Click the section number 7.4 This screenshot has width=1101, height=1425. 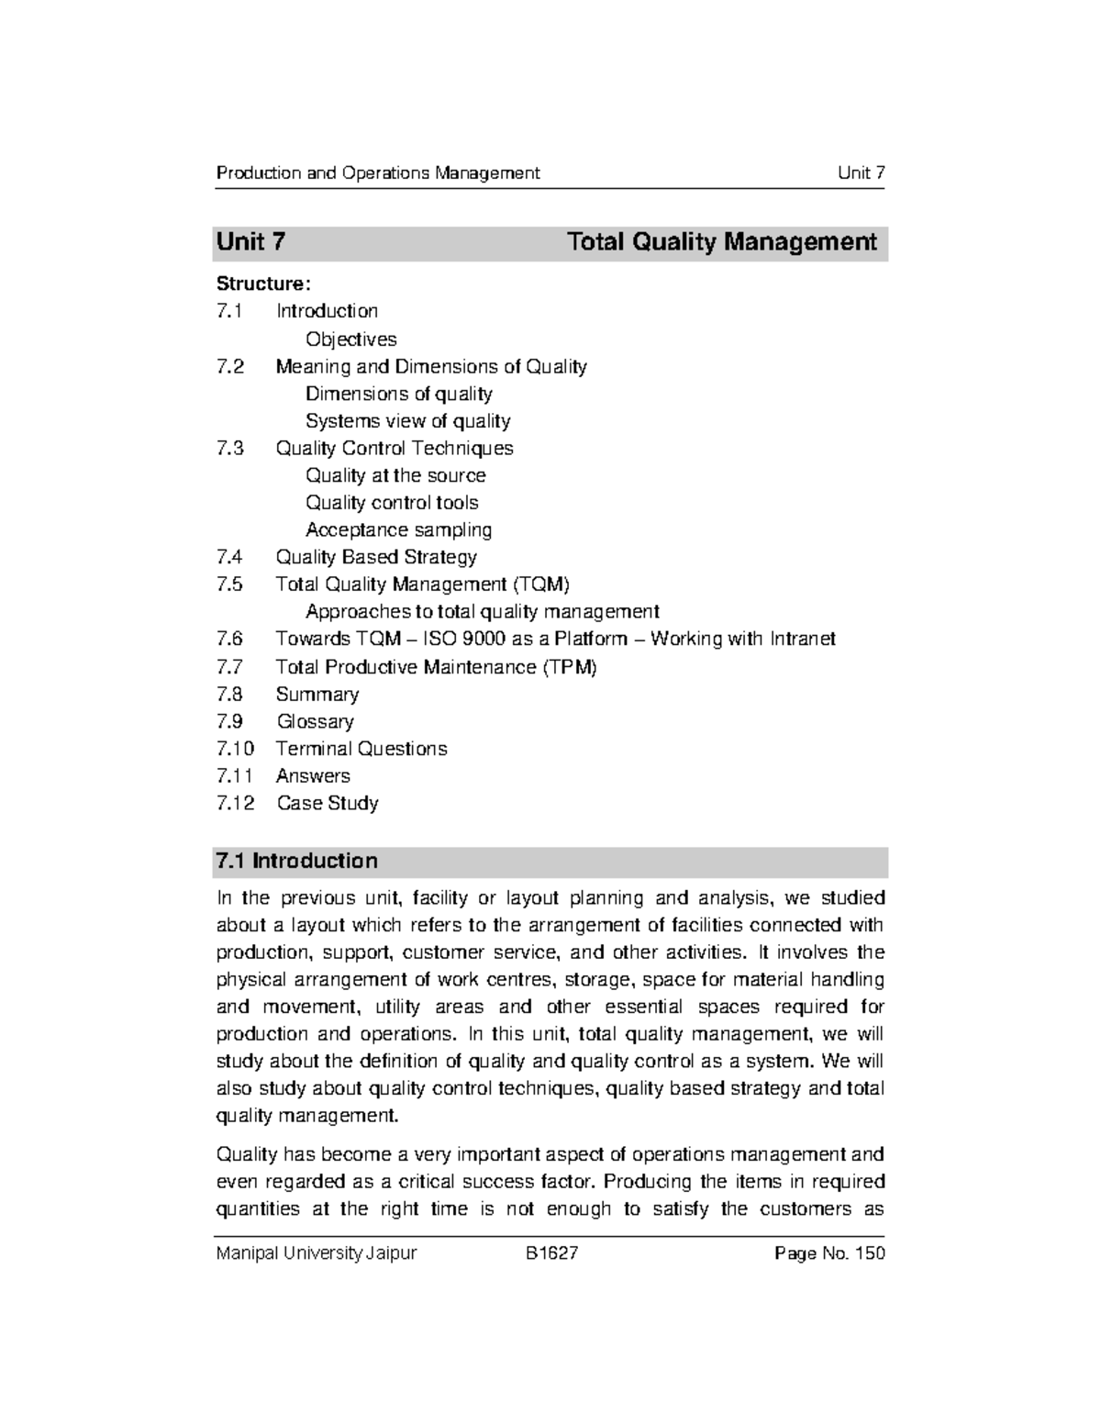[229, 557]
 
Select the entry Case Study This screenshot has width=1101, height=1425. [327, 803]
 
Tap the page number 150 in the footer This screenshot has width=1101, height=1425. [870, 1253]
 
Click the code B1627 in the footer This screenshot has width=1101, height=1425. [551, 1253]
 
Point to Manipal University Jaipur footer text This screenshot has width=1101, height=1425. [316, 1253]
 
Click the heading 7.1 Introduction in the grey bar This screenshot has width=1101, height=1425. [295, 861]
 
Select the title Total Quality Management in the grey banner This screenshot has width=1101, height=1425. [721, 242]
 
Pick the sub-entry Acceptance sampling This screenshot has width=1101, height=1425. [398, 529]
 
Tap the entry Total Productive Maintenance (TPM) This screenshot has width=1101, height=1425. [436, 667]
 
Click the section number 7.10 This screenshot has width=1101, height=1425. [235, 749]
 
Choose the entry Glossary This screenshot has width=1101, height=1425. [315, 721]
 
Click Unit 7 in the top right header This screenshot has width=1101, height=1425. [861, 173]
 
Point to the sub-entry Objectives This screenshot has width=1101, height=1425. [350, 340]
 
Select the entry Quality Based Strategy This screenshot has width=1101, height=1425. [376, 557]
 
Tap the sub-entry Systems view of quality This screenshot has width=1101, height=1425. [407, 421]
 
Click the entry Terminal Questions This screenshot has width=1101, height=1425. [361, 749]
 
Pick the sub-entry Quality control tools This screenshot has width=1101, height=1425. [392, 503]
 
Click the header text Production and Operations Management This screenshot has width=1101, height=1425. [377, 173]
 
